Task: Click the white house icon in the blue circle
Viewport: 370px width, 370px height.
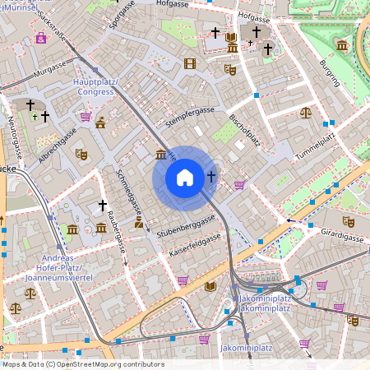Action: pyautogui.click(x=185, y=177)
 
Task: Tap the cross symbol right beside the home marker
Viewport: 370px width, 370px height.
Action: pyautogui.click(x=211, y=177)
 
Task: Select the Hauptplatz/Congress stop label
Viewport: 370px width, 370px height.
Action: pyautogui.click(x=95, y=87)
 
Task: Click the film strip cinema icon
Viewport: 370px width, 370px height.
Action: pyautogui.click(x=191, y=63)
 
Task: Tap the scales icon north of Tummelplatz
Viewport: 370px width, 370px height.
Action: pyautogui.click(x=306, y=112)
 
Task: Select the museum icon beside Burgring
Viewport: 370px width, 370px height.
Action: pyautogui.click(x=341, y=46)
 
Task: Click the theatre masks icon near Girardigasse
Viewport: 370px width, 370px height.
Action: pyautogui.click(x=349, y=221)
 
